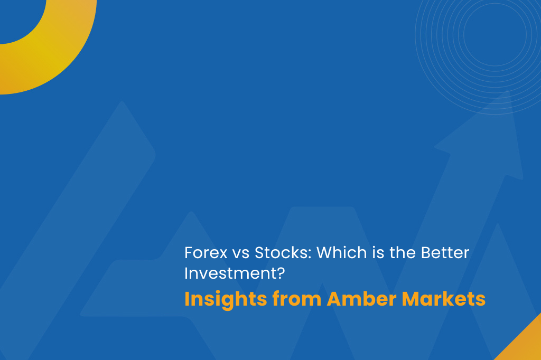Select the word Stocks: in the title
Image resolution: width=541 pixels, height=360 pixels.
(x=283, y=253)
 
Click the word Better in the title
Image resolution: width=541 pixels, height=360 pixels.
(x=445, y=253)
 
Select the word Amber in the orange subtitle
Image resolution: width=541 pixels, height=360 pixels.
(x=362, y=299)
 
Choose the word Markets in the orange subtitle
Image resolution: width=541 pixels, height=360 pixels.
(x=443, y=299)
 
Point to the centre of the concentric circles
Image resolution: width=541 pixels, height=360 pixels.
(x=495, y=34)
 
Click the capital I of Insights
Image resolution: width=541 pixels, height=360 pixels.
(x=187, y=299)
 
